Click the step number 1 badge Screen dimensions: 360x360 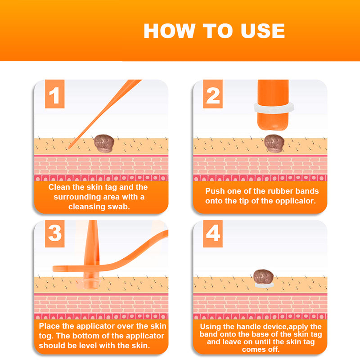point(54,95)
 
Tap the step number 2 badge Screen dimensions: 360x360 point(213,95)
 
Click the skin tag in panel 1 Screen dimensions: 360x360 point(104,143)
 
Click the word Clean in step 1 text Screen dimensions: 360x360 point(60,187)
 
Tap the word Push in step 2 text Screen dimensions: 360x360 point(215,191)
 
